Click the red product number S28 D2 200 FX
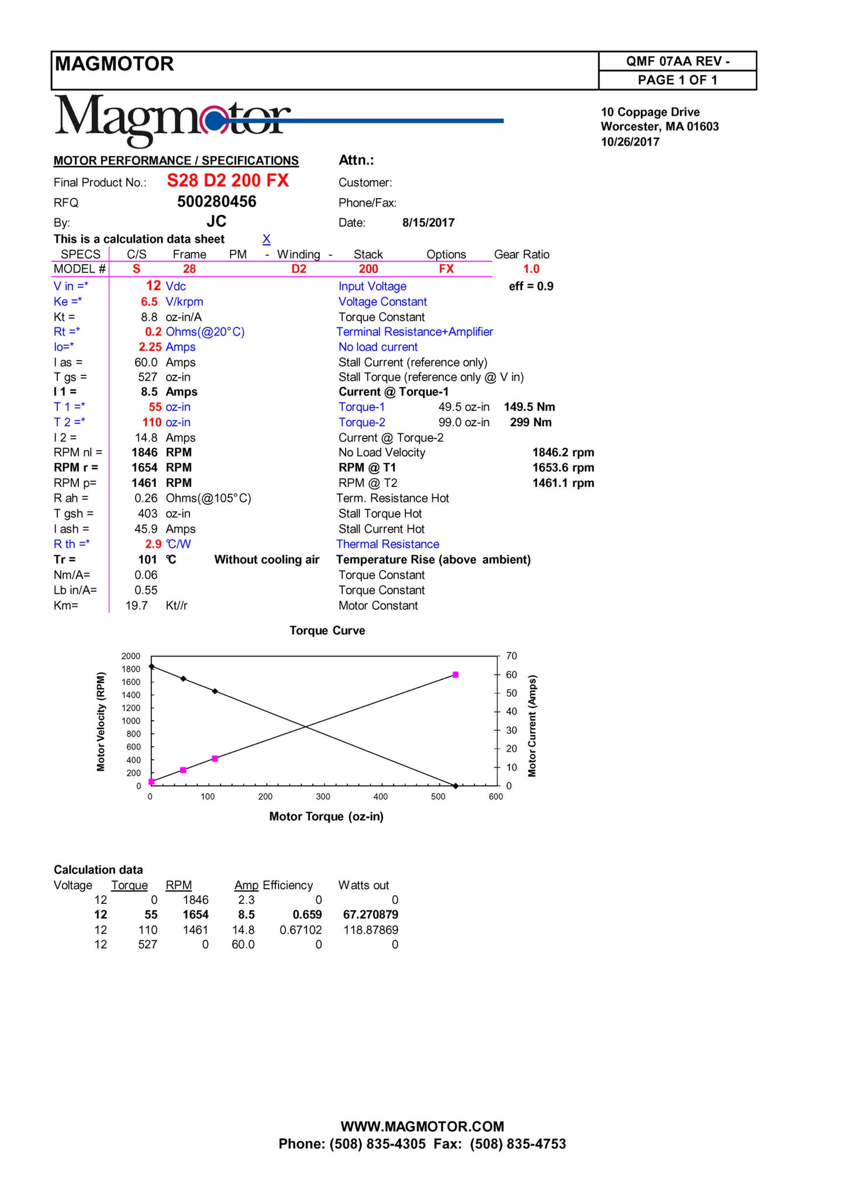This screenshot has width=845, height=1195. (227, 181)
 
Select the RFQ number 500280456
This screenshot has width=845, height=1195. (216, 202)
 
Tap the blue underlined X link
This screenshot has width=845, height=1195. (266, 239)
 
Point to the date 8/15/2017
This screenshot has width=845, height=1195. (428, 223)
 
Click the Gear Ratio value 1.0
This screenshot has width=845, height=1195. (531, 269)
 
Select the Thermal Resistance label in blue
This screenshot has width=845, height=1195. (388, 544)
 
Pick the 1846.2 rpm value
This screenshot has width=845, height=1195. (563, 453)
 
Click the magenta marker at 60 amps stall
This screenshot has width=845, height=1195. (456, 675)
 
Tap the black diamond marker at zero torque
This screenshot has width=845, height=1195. (151, 666)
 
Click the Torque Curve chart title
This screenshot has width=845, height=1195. (327, 631)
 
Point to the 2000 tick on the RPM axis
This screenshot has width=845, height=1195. (131, 656)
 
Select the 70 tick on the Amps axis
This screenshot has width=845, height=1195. (512, 656)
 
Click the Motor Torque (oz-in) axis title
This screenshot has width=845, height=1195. (326, 817)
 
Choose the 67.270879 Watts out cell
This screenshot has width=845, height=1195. (370, 914)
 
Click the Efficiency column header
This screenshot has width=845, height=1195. (288, 885)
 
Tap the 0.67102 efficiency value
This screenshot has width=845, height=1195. (301, 930)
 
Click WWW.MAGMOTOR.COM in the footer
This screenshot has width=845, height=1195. (422, 1127)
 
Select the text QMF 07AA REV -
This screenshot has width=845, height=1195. (677, 61)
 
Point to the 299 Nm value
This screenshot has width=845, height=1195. (530, 422)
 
